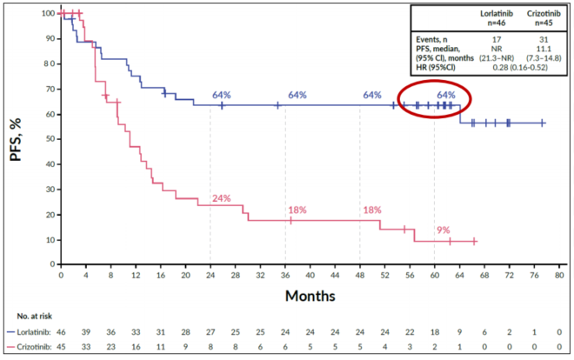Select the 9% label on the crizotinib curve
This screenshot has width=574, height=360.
click(x=444, y=230)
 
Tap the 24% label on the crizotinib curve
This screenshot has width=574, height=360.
click(x=221, y=198)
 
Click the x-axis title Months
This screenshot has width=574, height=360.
click(x=310, y=296)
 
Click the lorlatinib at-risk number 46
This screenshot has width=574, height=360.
click(x=61, y=333)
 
